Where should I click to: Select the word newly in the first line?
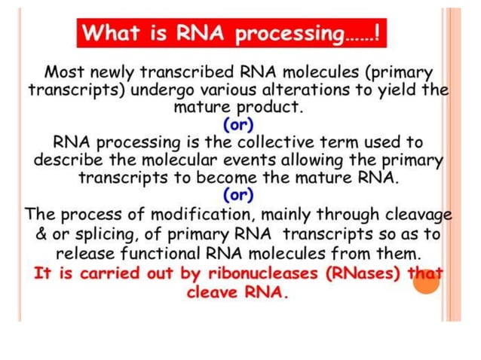(x=116, y=73)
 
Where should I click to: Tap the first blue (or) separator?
(x=239, y=124)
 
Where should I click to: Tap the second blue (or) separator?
(x=239, y=196)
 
